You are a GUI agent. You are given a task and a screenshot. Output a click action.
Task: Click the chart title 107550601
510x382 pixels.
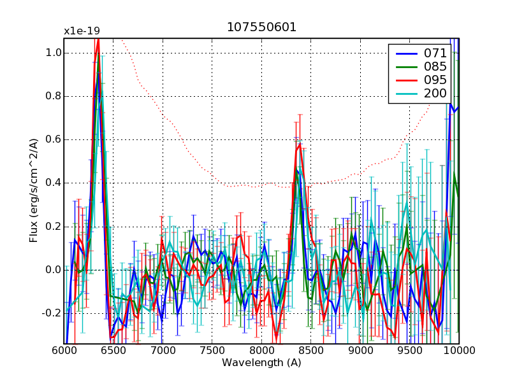pos(261,27)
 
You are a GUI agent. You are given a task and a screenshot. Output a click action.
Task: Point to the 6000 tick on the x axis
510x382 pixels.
pos(64,351)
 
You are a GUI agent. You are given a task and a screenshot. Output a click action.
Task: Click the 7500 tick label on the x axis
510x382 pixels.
pos(212,351)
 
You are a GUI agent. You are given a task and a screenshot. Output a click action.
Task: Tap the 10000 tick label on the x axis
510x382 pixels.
pos(458,351)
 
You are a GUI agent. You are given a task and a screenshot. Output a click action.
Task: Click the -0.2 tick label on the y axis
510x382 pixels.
pos(50,313)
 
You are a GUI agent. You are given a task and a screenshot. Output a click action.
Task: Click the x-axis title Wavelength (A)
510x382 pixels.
pos(261,363)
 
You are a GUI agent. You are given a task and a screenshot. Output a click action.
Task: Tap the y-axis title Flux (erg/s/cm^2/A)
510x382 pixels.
pos(33,192)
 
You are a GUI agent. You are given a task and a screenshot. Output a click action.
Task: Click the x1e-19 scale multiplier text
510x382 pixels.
pos(82,31)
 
